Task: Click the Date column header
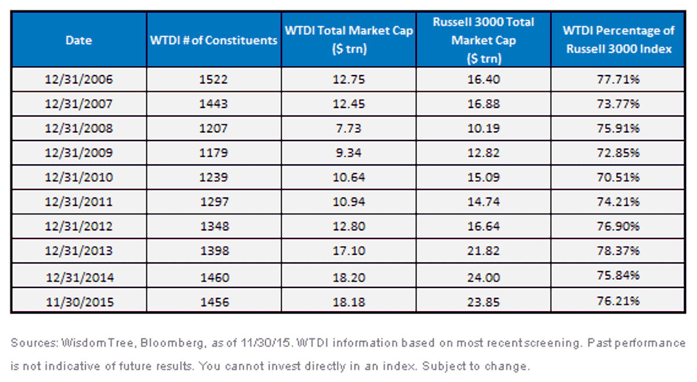[x=79, y=40]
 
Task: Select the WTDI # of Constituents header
[x=214, y=40]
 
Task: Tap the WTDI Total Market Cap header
[x=349, y=39]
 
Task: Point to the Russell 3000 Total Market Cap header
[x=483, y=40]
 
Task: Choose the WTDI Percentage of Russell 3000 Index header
[x=619, y=39]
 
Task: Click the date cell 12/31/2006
[x=79, y=80]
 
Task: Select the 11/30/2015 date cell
[x=80, y=302]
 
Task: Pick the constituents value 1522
[x=214, y=80]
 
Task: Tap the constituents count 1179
[x=214, y=153]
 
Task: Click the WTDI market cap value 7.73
[x=348, y=128]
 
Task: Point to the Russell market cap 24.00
[x=483, y=278]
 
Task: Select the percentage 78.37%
[x=618, y=250]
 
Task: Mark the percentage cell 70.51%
[x=618, y=177]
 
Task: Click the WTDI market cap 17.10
[x=349, y=250]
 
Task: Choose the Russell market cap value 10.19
[x=483, y=128]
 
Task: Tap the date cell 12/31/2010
[x=79, y=177]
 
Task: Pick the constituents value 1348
[x=215, y=226]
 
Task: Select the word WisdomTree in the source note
[x=98, y=343]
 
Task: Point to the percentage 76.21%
[x=618, y=301]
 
